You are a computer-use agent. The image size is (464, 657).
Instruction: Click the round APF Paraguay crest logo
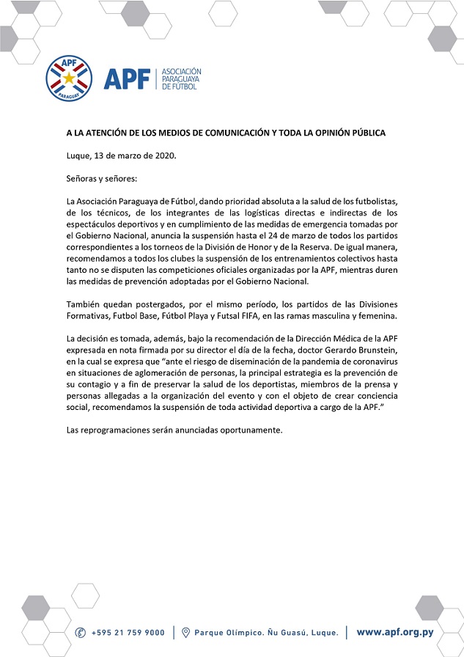[x=70, y=78]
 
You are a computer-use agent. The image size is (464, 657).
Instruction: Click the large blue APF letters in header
[x=127, y=78]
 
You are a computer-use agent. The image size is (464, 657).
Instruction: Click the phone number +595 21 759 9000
[x=128, y=632]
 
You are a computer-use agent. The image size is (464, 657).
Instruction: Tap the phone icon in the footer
[x=81, y=632]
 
